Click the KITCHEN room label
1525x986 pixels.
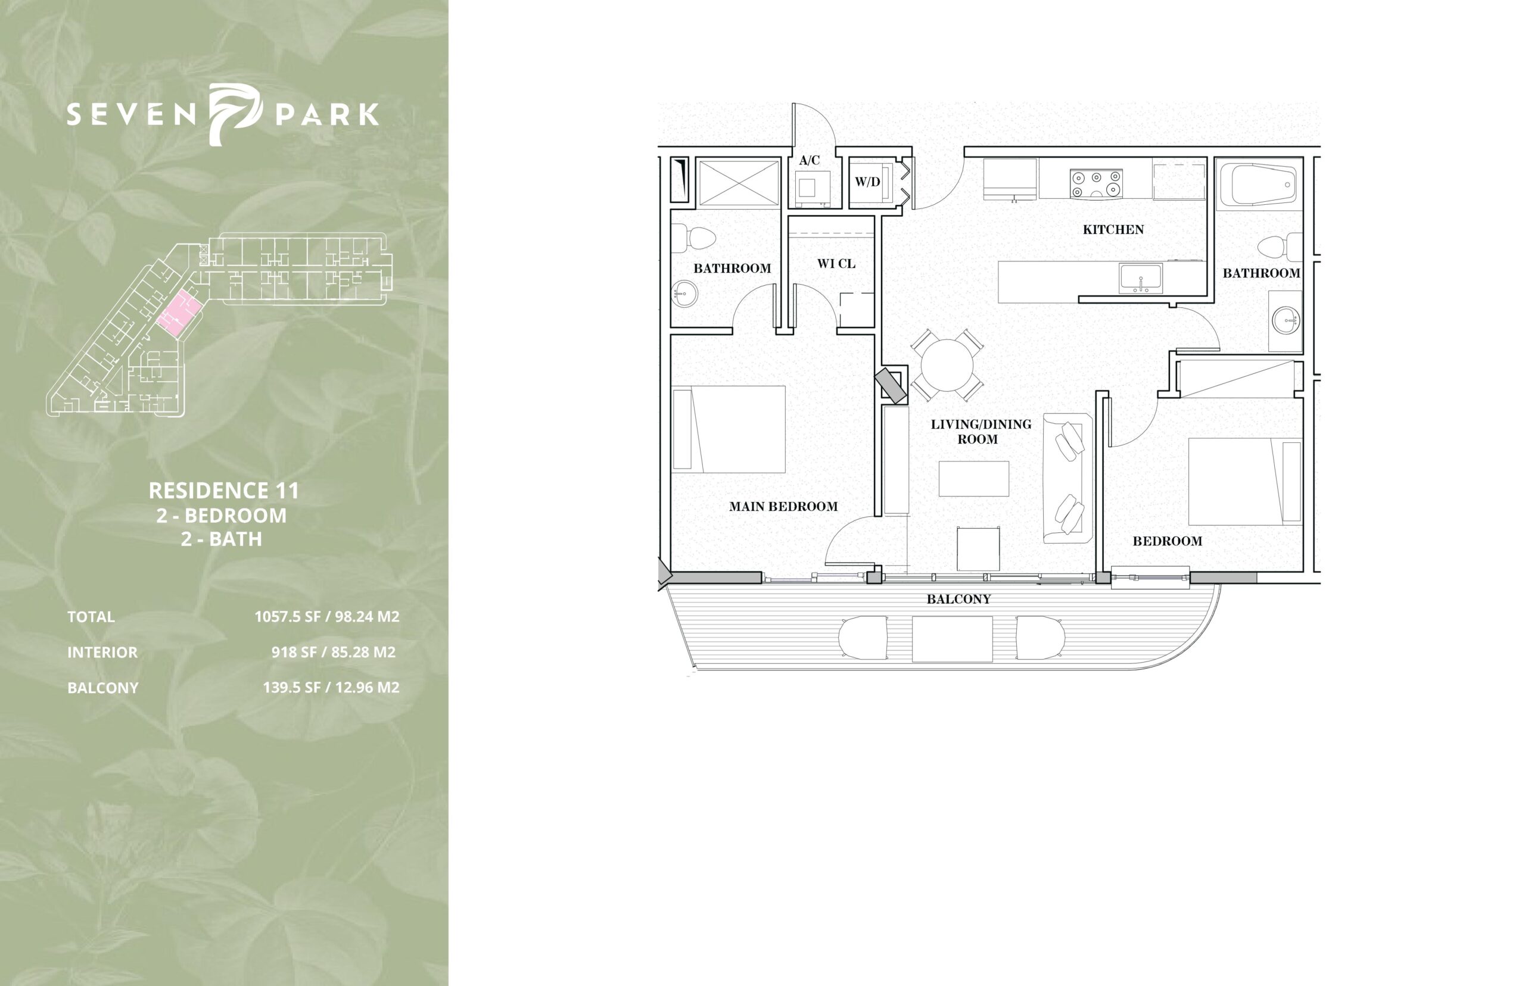pos(1113,229)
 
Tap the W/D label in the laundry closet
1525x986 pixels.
pos(867,182)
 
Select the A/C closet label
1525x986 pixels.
pos(809,160)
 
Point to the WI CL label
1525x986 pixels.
pos(836,263)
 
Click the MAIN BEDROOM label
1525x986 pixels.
pos(783,507)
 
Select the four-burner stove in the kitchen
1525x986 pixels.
pos(1096,183)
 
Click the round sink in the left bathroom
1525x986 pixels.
pos(683,297)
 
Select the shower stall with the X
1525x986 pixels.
pos(738,184)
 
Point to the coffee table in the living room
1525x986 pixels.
pos(973,478)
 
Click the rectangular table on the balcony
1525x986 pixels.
pos(953,638)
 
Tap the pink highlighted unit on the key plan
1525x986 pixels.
pos(179,313)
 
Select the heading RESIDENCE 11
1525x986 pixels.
pos(223,491)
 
